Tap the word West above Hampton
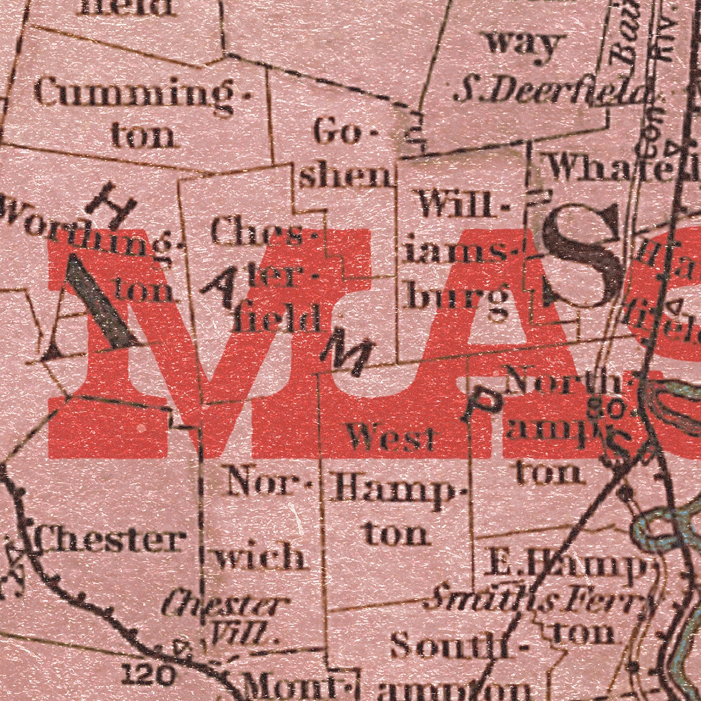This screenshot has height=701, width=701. pos(391,438)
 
